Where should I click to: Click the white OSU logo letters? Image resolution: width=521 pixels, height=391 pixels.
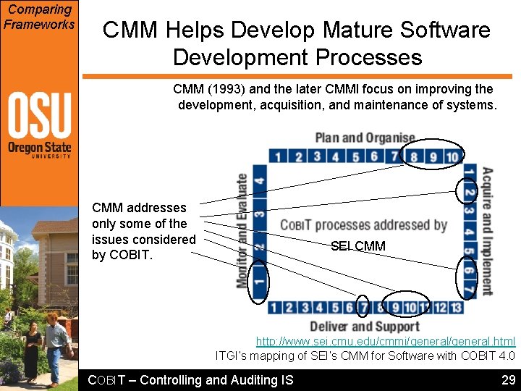(x=39, y=115)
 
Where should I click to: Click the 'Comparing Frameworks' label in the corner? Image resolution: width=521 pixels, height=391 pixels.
(x=39, y=17)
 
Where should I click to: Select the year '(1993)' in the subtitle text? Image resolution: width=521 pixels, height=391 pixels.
(x=226, y=89)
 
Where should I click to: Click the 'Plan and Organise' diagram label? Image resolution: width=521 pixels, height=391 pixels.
(x=365, y=138)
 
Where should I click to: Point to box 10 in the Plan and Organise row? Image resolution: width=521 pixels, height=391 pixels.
(x=452, y=156)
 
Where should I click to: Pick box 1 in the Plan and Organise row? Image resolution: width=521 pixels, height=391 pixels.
(x=278, y=156)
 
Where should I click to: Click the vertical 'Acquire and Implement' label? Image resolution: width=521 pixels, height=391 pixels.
(x=488, y=230)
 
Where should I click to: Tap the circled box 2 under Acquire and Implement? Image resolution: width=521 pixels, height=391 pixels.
(x=468, y=192)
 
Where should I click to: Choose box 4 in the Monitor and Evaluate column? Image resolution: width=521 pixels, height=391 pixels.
(x=259, y=176)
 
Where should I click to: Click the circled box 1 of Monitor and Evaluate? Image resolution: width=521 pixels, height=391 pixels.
(x=259, y=279)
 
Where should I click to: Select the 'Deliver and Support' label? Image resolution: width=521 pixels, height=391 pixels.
(x=365, y=326)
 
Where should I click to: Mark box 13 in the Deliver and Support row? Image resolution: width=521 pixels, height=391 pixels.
(x=455, y=308)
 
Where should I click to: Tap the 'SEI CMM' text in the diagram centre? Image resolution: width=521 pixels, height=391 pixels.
(x=357, y=246)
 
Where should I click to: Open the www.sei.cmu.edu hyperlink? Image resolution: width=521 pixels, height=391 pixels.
(x=385, y=341)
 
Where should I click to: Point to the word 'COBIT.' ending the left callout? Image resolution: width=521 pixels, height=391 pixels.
(x=122, y=255)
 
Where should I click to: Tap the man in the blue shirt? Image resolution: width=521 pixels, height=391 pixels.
(x=54, y=341)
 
